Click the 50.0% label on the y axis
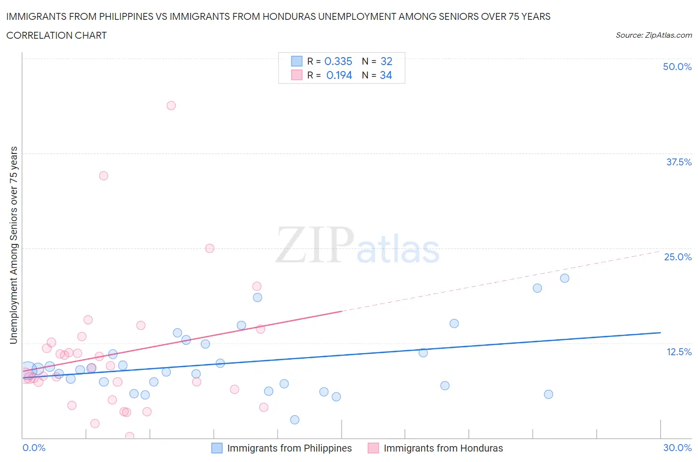pyautogui.click(x=677, y=67)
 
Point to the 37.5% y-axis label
pyautogui.click(x=679, y=162)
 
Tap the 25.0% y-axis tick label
pyautogui.click(x=678, y=257)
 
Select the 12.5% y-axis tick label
pyautogui.click(x=679, y=352)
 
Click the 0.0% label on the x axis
pyautogui.click(x=34, y=448)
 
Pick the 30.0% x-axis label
pyautogui.click(x=677, y=448)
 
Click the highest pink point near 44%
pyautogui.click(x=171, y=105)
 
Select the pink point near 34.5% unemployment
pyautogui.click(x=103, y=175)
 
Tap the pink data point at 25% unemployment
pyautogui.click(x=209, y=248)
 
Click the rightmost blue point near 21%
pyautogui.click(x=564, y=278)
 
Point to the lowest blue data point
pyautogui.click(x=294, y=420)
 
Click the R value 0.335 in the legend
pyautogui.click(x=338, y=61)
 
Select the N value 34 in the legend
pyautogui.click(x=386, y=75)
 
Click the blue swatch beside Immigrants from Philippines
pyautogui.click(x=217, y=448)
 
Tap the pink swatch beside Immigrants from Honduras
pyautogui.click(x=373, y=448)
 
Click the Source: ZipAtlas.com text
pyautogui.click(x=653, y=35)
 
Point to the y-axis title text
pyautogui.click(x=13, y=245)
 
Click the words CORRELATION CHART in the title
pyautogui.click(x=57, y=35)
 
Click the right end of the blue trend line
pyautogui.click(x=660, y=332)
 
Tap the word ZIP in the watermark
pyautogui.click(x=315, y=244)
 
